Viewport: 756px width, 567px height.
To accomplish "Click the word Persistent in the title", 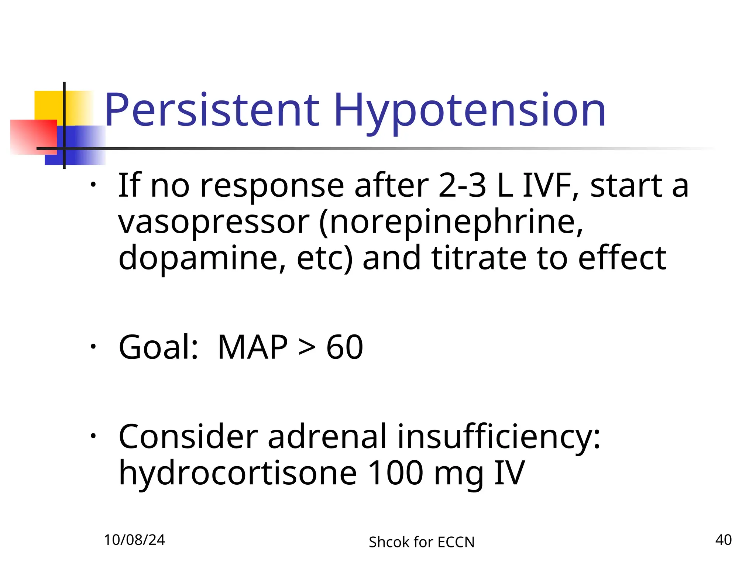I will pos(212,110).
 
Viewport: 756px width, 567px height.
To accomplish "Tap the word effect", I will pos(622,258).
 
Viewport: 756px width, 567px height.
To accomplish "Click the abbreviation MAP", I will pos(252,347).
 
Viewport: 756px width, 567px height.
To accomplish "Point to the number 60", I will pos(344,347).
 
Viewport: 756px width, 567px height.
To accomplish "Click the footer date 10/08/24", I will pos(134,540).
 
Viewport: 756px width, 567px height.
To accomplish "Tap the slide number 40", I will pos(723,540).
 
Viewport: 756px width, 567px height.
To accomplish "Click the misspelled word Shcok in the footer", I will pos(389,542).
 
